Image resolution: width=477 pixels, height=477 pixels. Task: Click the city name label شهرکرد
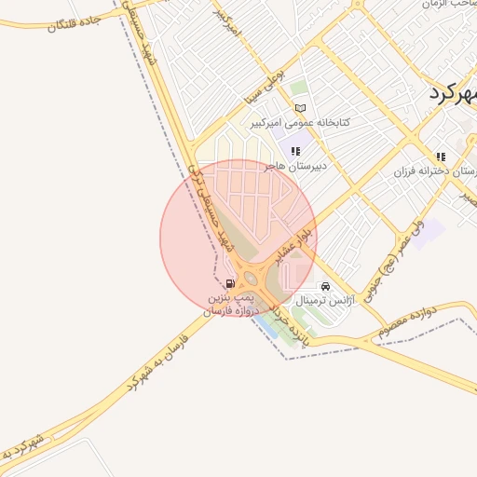pos(455,94)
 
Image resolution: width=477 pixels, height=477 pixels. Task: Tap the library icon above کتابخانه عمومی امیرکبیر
pos(299,109)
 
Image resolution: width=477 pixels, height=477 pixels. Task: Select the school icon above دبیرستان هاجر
pos(296,151)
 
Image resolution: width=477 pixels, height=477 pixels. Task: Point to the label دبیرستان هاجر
pos(293,166)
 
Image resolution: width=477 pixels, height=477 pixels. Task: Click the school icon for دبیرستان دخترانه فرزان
pos(441,157)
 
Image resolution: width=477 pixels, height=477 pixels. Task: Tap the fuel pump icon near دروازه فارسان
pos(229,283)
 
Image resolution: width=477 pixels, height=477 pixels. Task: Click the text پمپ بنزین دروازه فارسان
pos(230,302)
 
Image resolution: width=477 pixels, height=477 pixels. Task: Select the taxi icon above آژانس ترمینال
pos(324,287)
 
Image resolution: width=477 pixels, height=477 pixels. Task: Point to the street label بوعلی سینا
pos(266,85)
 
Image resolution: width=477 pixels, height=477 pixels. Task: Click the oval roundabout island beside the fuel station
pos(250,277)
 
